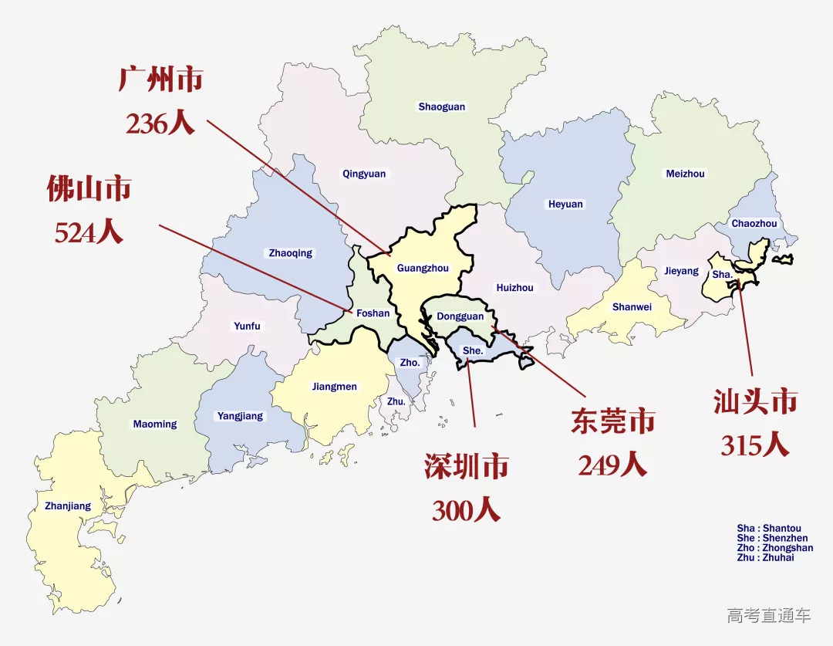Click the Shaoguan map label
click(442, 107)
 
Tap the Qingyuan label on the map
click(364, 174)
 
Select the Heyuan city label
click(566, 205)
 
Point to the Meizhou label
click(685, 174)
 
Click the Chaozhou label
click(754, 224)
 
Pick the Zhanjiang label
click(68, 506)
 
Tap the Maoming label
click(155, 424)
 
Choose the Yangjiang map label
click(240, 416)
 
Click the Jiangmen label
click(335, 387)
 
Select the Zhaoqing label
click(291, 253)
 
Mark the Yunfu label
click(247, 326)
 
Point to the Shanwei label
click(632, 307)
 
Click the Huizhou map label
click(514, 288)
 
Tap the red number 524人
click(89, 232)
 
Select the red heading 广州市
click(160, 79)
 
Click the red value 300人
click(466, 510)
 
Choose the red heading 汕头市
click(755, 401)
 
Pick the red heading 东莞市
click(612, 421)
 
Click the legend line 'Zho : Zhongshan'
click(774, 548)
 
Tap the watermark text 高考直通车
click(769, 615)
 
